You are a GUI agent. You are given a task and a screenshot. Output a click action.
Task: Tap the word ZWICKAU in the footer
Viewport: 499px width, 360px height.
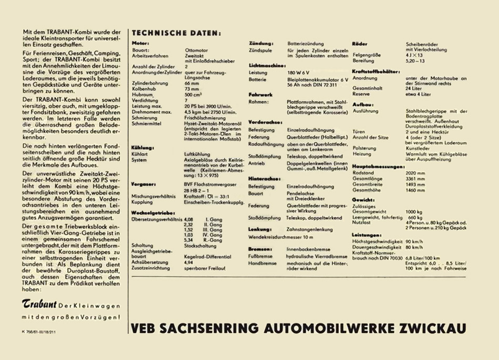click(431, 329)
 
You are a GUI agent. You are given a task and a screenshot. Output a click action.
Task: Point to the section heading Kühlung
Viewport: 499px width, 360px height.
click(142, 148)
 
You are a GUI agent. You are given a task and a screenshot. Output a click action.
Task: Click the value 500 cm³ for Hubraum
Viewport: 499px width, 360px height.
click(193, 94)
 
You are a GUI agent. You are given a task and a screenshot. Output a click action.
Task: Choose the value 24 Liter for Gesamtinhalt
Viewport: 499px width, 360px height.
click(414, 88)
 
